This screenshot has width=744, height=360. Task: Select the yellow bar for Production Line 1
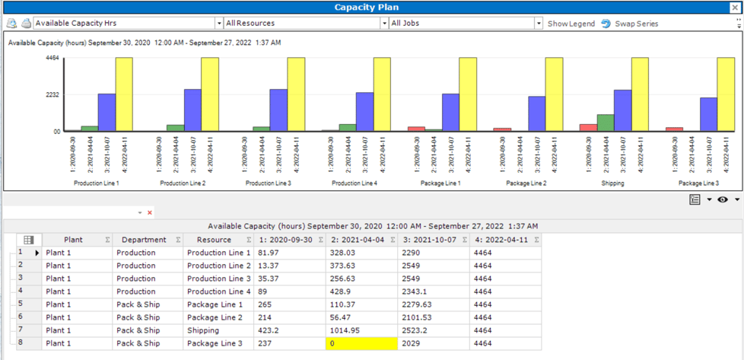click(124, 94)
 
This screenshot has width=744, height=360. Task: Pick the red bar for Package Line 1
click(416, 129)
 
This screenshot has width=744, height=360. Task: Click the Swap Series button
click(629, 24)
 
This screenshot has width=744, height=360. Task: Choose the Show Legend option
click(571, 24)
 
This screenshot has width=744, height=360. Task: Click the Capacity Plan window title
click(371, 7)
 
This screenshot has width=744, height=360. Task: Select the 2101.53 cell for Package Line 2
click(431, 317)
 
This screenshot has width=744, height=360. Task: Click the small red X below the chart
click(150, 212)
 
